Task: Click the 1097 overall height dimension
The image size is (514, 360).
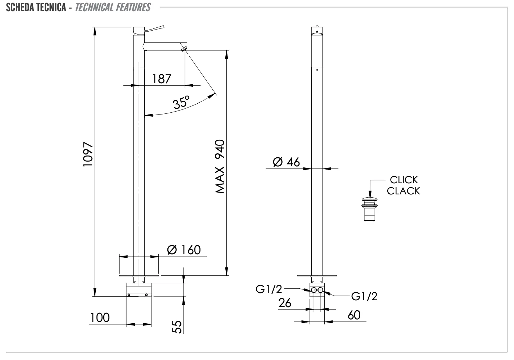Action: coord(88,155)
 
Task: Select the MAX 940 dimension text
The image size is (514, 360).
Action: coord(220,167)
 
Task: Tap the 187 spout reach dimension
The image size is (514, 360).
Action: coord(162,78)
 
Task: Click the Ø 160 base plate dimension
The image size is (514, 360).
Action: coord(184,249)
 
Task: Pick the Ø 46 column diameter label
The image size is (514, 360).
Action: coord(286,162)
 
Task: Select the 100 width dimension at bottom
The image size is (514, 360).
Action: coord(100,318)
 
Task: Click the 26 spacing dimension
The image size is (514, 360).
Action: coord(285,303)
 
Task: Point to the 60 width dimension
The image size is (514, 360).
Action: coord(354,315)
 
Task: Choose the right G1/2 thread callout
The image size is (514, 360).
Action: coord(364,296)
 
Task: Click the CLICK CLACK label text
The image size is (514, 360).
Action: coord(403,185)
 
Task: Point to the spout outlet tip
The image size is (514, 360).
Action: coord(185,48)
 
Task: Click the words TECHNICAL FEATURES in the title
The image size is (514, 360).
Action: coord(113,7)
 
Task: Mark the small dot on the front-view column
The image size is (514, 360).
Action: coord(317,69)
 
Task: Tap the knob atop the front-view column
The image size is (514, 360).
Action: coord(317,26)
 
